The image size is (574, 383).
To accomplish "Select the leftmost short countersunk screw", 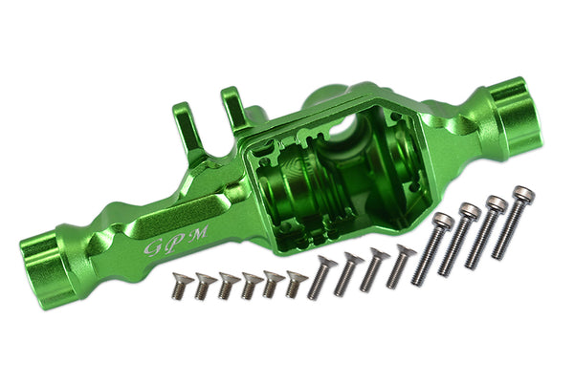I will pos(178,284).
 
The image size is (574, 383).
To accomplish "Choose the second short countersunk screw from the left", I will pos(203,284).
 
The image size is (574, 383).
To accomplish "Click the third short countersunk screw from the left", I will pos(227,284).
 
